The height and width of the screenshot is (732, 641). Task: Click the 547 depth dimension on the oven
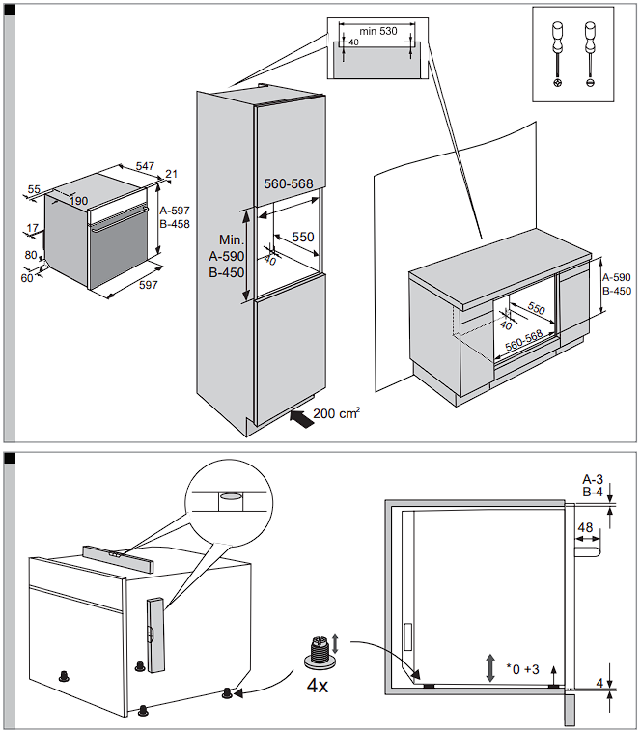(x=145, y=167)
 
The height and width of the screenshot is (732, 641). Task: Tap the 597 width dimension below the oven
(x=148, y=285)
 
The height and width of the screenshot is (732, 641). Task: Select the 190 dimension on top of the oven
(x=78, y=201)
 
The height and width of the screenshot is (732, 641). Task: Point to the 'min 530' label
(x=377, y=31)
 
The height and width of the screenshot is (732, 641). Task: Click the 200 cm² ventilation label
(x=338, y=414)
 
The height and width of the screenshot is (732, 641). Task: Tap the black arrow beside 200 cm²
(x=301, y=418)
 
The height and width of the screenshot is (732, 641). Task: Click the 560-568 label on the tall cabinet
(x=289, y=183)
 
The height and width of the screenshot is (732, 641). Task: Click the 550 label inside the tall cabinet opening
(x=303, y=237)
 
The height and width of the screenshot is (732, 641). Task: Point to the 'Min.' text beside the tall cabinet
(x=229, y=239)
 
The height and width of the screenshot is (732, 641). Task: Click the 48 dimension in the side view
(x=584, y=528)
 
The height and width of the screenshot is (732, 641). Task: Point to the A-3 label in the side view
(x=593, y=479)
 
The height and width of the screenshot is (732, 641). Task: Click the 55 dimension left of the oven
(x=34, y=190)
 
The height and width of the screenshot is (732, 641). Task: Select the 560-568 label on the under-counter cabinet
(x=527, y=342)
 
